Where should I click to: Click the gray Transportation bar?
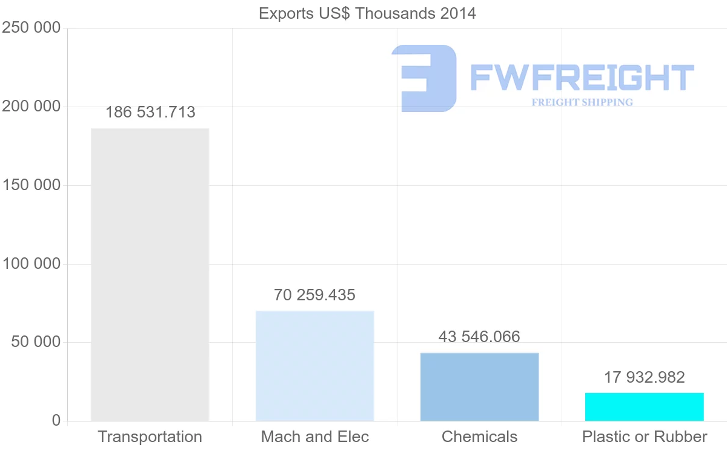[150, 274]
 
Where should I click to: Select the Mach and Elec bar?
[314, 366]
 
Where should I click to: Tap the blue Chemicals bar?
[479, 386]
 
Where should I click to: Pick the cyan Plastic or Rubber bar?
[644, 406]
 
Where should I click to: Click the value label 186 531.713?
[150, 112]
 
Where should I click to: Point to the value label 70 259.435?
[314, 295]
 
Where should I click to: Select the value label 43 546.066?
[479, 337]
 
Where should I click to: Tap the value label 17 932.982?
[644, 377]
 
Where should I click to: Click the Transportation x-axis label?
[150, 437]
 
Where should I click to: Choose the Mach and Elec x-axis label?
[314, 437]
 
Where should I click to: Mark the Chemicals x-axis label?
[479, 437]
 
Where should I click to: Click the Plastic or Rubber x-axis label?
[644, 437]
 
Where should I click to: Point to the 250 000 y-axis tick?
[32, 28]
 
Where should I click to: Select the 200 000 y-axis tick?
[32, 107]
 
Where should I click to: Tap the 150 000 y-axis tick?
[32, 185]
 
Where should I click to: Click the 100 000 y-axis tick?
[32, 264]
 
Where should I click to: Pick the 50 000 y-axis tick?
[36, 342]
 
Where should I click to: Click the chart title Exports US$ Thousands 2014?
[367, 13]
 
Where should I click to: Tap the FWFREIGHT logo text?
[582, 78]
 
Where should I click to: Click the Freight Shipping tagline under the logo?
[582, 102]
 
